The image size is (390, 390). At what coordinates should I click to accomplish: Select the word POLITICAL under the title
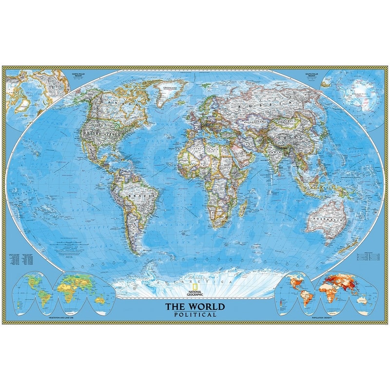point(195,315)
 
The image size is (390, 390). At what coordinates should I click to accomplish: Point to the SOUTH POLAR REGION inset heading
point(312,75)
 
